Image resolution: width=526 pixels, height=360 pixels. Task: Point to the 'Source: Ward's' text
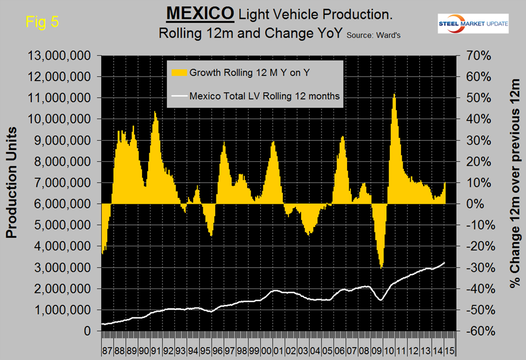click(x=373, y=35)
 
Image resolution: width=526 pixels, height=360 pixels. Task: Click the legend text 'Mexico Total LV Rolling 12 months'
click(x=265, y=96)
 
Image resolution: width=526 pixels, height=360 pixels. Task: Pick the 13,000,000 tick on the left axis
click(x=57, y=56)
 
